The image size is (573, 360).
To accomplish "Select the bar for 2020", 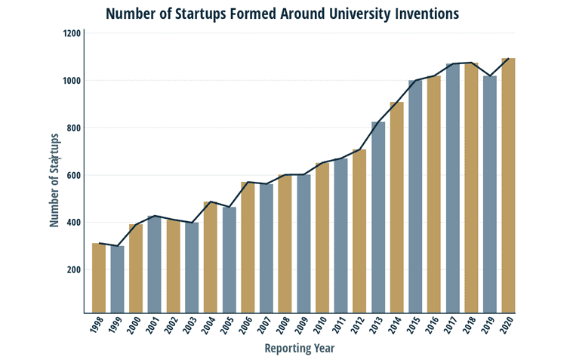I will [508, 186].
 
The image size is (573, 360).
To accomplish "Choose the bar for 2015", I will [415, 196].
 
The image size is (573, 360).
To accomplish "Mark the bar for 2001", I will [155, 264].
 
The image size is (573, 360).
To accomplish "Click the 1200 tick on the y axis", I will [72, 34].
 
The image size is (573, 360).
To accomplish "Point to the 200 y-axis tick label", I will [72, 270].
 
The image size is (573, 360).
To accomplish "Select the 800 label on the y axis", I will [72, 128].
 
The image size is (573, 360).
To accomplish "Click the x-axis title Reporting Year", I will [300, 349].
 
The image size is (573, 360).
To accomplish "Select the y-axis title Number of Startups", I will [54, 180].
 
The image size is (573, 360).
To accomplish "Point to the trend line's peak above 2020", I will [508, 59].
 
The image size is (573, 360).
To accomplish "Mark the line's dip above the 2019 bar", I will [490, 76].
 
